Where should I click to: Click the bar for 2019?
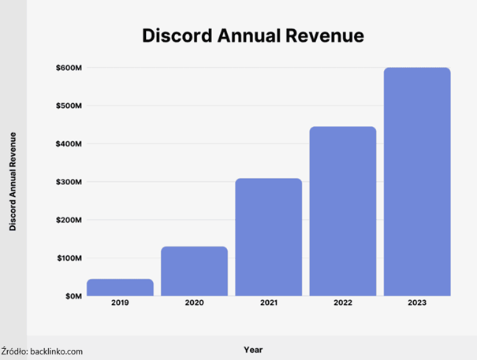[120, 288]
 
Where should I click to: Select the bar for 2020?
[194, 272]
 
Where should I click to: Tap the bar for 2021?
[268, 237]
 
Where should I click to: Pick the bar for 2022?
[342, 211]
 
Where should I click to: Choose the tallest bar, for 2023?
[417, 182]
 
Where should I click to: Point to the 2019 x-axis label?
[120, 302]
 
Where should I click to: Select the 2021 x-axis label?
[268, 302]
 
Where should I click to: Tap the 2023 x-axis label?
[417, 302]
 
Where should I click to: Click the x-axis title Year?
[253, 349]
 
